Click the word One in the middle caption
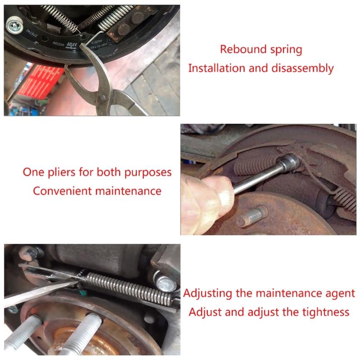click(32, 172)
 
